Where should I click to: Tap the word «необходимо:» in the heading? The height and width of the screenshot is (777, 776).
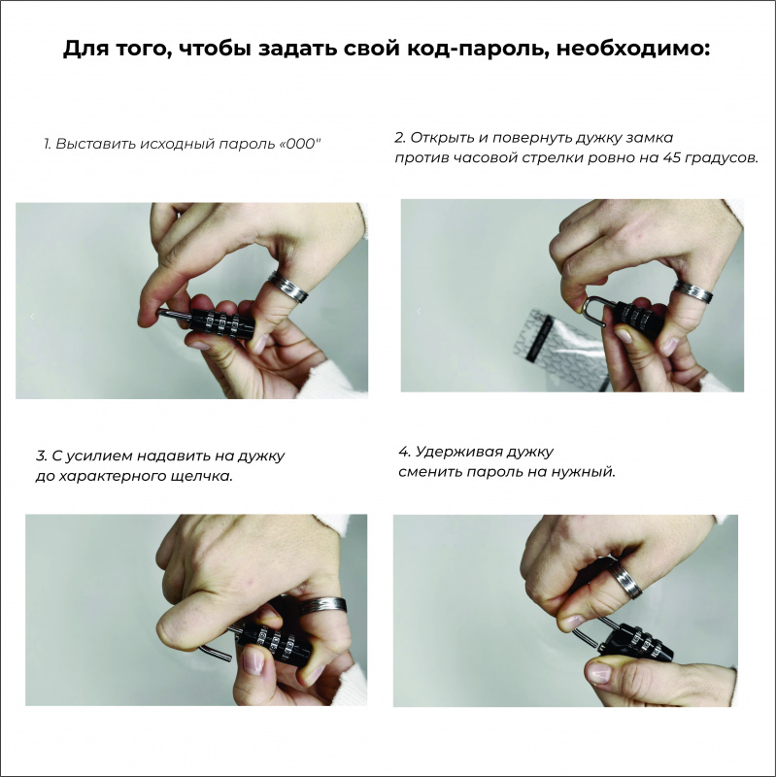point(634,49)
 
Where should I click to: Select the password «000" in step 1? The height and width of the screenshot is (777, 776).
point(301,144)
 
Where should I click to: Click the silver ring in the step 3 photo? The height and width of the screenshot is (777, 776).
point(322,605)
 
